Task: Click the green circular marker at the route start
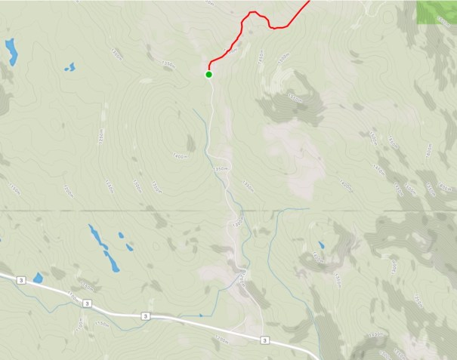(208, 74)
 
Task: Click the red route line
(242, 30)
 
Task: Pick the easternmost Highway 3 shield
(264, 340)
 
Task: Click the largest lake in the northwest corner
(11, 51)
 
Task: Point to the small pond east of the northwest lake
(69, 67)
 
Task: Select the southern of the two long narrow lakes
(111, 260)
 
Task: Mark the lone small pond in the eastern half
(321, 245)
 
